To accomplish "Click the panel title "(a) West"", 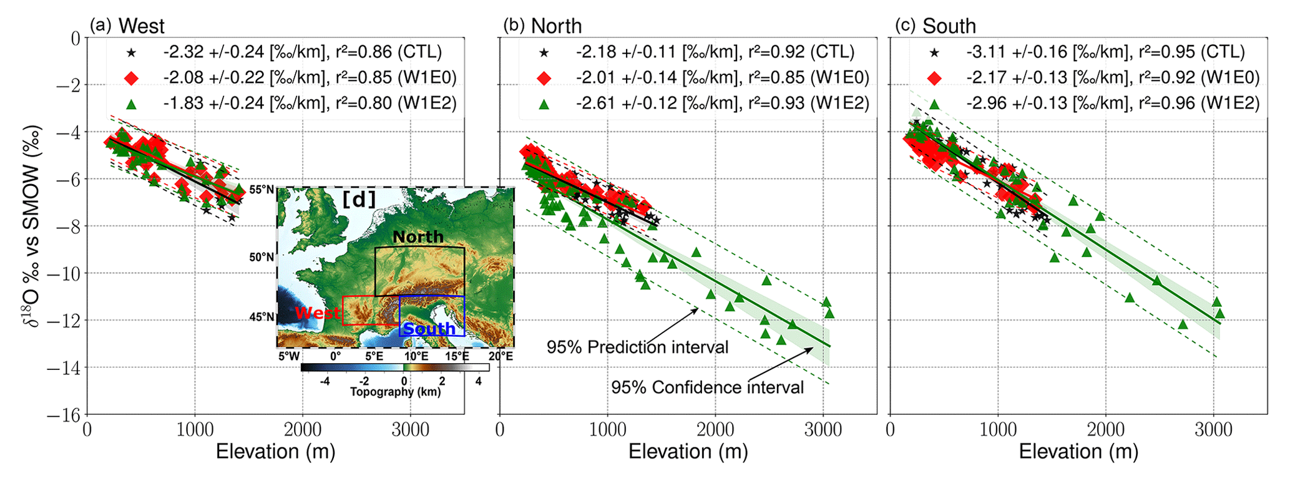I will coord(127,26).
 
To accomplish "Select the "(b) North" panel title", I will coord(542,26).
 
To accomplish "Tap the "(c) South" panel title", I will coord(935,26).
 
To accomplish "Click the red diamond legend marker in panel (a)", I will coord(131,78).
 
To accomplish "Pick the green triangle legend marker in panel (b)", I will coord(544,104).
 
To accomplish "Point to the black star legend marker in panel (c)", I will coord(934,52).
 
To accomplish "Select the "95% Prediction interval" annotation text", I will coord(637,347).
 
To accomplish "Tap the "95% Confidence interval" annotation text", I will coord(707,387).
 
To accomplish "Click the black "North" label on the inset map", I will coord(418,237).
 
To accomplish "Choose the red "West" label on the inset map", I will coord(318,313).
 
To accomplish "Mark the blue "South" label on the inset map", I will coord(429,329).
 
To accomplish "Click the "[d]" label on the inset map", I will coord(359,199).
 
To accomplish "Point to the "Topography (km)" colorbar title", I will coord(395,392).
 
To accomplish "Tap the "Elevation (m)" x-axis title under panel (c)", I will coord(1078,451).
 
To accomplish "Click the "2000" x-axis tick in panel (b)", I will coord(715,429).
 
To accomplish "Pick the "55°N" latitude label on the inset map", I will coord(262,189).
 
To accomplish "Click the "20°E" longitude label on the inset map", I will coord(501,356).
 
